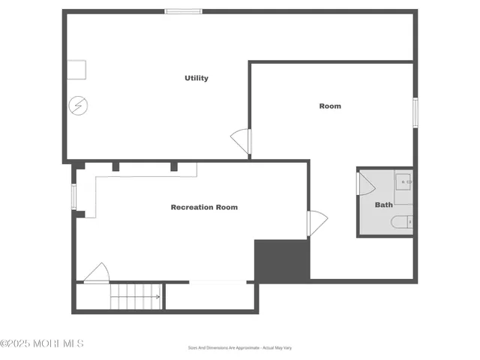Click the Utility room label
(x=196, y=78)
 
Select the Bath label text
(x=383, y=205)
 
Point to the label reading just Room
(x=330, y=106)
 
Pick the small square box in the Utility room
(x=76, y=70)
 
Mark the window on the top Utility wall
(x=184, y=11)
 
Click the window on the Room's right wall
(x=415, y=112)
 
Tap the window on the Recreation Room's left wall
(x=73, y=196)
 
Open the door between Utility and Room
(x=241, y=140)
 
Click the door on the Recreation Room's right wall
(x=316, y=223)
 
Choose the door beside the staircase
(x=97, y=273)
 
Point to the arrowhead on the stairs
(x=157, y=297)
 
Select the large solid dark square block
(x=282, y=260)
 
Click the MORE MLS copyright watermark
(x=42, y=343)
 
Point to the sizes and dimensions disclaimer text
(x=240, y=348)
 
